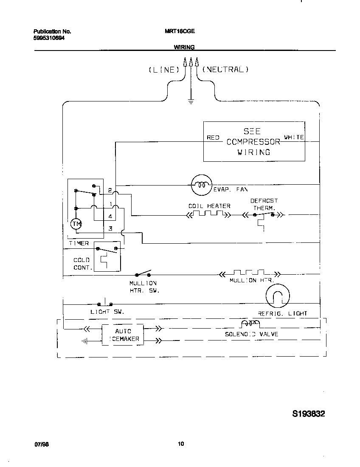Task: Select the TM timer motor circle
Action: click(76, 224)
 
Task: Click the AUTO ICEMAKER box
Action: click(123, 335)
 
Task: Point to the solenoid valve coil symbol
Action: click(250, 325)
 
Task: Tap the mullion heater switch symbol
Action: click(143, 274)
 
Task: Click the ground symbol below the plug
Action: click(191, 101)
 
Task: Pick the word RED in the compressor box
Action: click(213, 138)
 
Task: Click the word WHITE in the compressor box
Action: click(294, 137)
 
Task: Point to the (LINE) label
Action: click(163, 70)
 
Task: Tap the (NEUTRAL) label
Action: click(225, 69)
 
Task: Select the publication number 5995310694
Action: click(50, 38)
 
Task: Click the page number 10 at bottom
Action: click(181, 444)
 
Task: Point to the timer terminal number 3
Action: click(110, 228)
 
